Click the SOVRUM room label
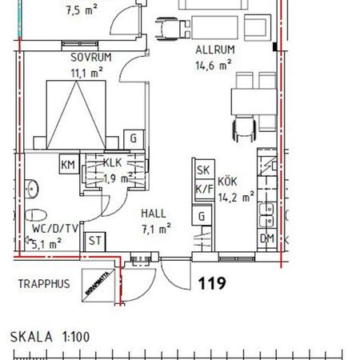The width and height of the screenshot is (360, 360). pyautogui.click(x=90, y=57)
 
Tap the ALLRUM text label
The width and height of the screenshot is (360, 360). pyautogui.click(x=214, y=50)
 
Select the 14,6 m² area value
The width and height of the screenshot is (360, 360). pyautogui.click(x=214, y=65)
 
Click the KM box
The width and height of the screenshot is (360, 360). pyautogui.click(x=68, y=165)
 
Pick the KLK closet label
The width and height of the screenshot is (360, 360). pyautogui.click(x=114, y=162)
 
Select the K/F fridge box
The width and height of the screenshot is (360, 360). pyautogui.click(x=202, y=189)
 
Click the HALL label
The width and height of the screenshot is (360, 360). pyautogui.click(x=154, y=214)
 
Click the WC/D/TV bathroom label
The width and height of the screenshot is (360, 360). pyautogui.click(x=54, y=229)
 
